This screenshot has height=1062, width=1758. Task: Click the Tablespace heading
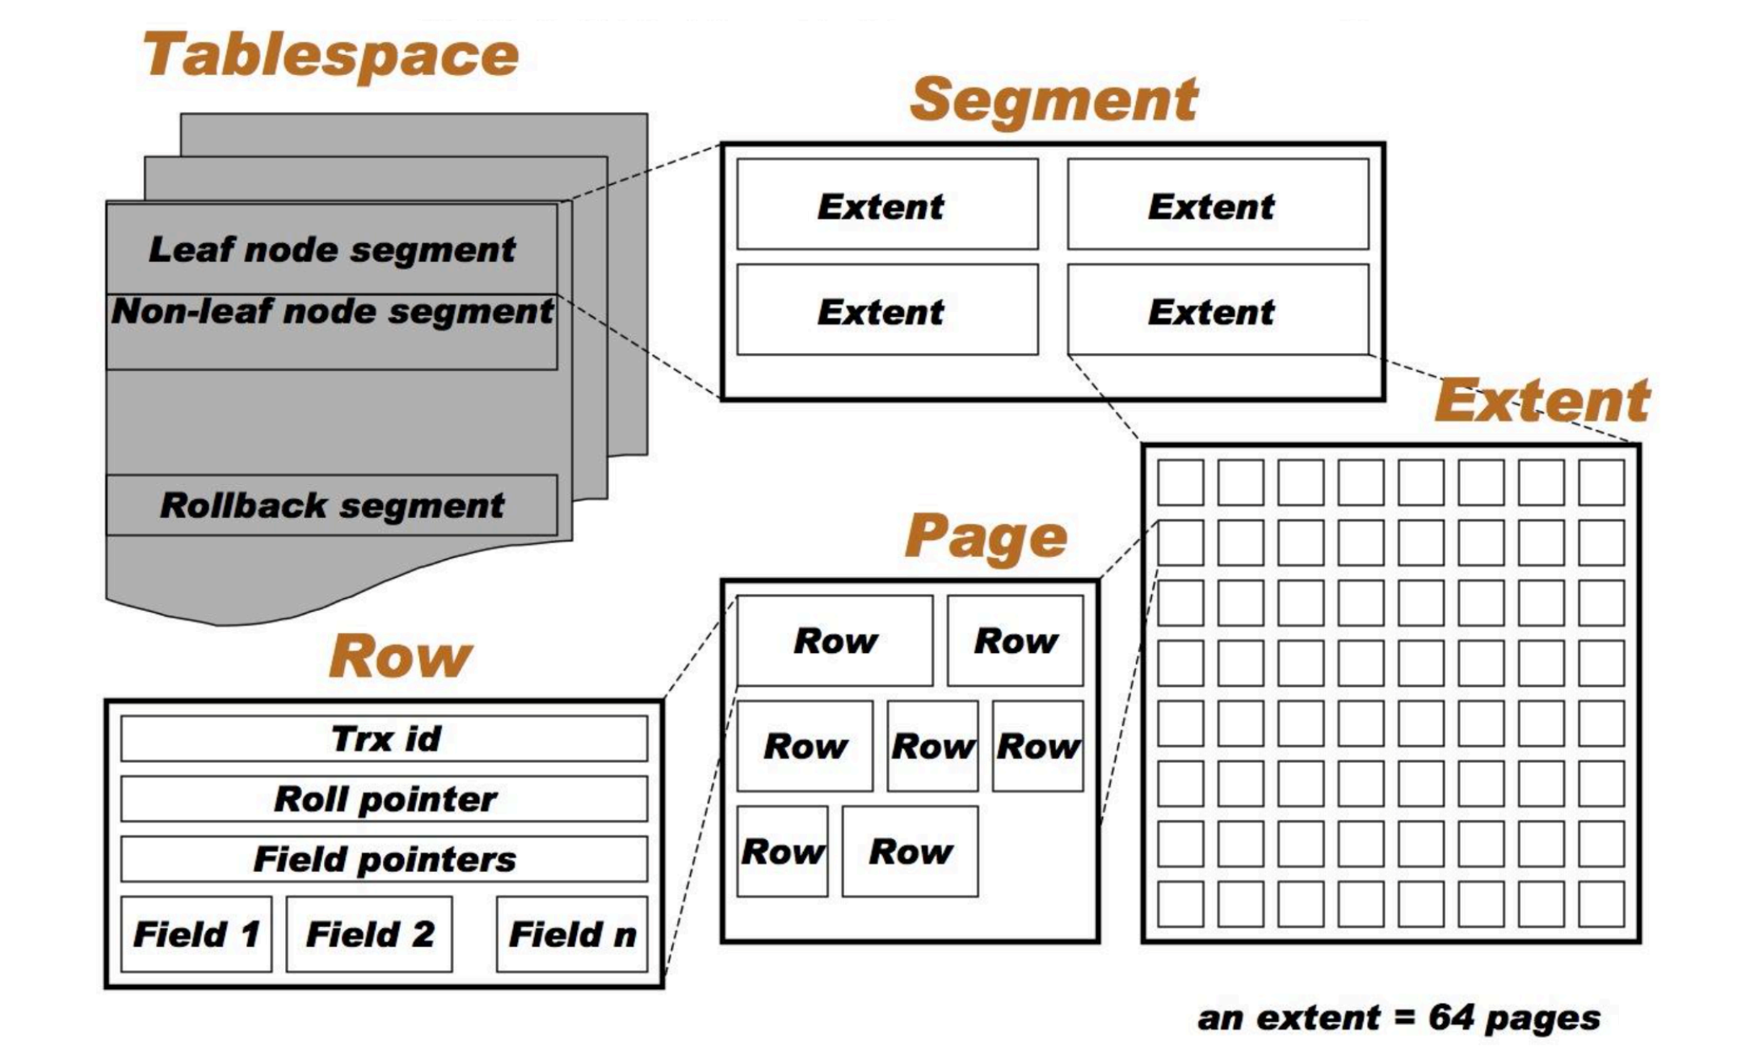coord(330,55)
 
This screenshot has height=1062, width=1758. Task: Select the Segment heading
coord(1054,100)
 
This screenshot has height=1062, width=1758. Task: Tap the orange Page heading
coord(986,537)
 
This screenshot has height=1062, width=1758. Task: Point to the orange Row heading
coord(400,656)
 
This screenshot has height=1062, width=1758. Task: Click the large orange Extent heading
coord(1541,402)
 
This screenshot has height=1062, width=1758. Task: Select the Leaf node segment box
coord(331,250)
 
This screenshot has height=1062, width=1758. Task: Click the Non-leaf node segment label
coord(332,312)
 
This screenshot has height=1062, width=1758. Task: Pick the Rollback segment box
coord(331,505)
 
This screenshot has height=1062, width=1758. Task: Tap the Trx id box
coord(385,739)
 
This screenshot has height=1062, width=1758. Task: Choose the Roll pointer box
coord(385,799)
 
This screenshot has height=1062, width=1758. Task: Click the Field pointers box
coord(385,859)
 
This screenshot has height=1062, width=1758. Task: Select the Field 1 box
coord(196,934)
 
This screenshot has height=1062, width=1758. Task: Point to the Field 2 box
coord(369,934)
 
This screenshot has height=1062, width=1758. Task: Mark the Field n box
coord(572,934)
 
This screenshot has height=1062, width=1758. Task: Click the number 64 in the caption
coord(1450,1018)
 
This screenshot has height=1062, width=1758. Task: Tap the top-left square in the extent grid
coord(1180,483)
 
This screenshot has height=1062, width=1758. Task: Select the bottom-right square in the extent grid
coord(1601,904)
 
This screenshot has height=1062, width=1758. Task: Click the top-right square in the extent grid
coord(1601,483)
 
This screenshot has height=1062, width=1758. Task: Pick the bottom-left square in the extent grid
coord(1180,904)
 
